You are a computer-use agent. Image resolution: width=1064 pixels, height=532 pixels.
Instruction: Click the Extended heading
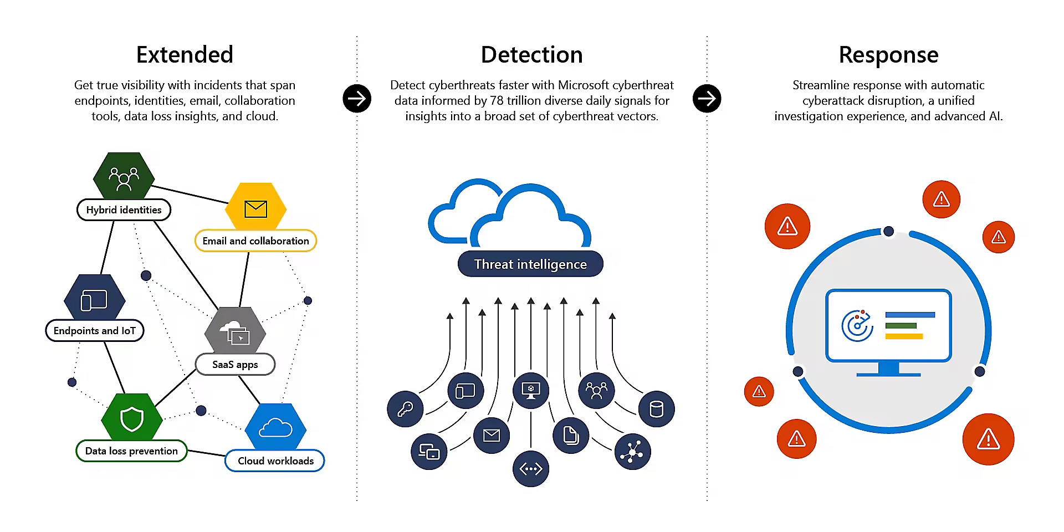click(185, 55)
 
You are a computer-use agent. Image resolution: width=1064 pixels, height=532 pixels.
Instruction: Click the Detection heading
click(531, 55)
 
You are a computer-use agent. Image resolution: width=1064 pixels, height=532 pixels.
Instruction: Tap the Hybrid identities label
click(124, 210)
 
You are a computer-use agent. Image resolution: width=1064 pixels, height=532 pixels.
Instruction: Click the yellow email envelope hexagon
click(255, 208)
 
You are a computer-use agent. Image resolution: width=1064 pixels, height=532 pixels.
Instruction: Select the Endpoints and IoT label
click(95, 331)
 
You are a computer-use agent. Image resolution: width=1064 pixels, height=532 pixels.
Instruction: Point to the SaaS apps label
click(235, 365)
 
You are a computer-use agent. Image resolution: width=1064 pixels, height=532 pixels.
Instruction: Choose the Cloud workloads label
click(275, 461)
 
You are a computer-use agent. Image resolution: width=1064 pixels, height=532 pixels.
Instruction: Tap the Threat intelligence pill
click(530, 264)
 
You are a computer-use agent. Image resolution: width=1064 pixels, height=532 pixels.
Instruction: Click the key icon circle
click(405, 409)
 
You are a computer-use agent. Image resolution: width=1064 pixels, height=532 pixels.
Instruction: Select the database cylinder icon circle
click(656, 409)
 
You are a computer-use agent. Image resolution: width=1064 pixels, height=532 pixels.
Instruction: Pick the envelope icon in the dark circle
click(492, 436)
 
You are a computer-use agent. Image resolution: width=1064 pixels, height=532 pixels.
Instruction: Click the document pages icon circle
click(571, 435)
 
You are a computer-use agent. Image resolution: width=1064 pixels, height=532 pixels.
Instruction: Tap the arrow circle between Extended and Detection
click(357, 99)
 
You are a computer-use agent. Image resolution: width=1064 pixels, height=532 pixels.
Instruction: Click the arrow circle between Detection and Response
click(707, 99)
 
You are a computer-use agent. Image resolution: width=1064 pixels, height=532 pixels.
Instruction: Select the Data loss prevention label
click(131, 451)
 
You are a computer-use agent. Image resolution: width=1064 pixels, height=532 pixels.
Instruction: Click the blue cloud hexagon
click(275, 428)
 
